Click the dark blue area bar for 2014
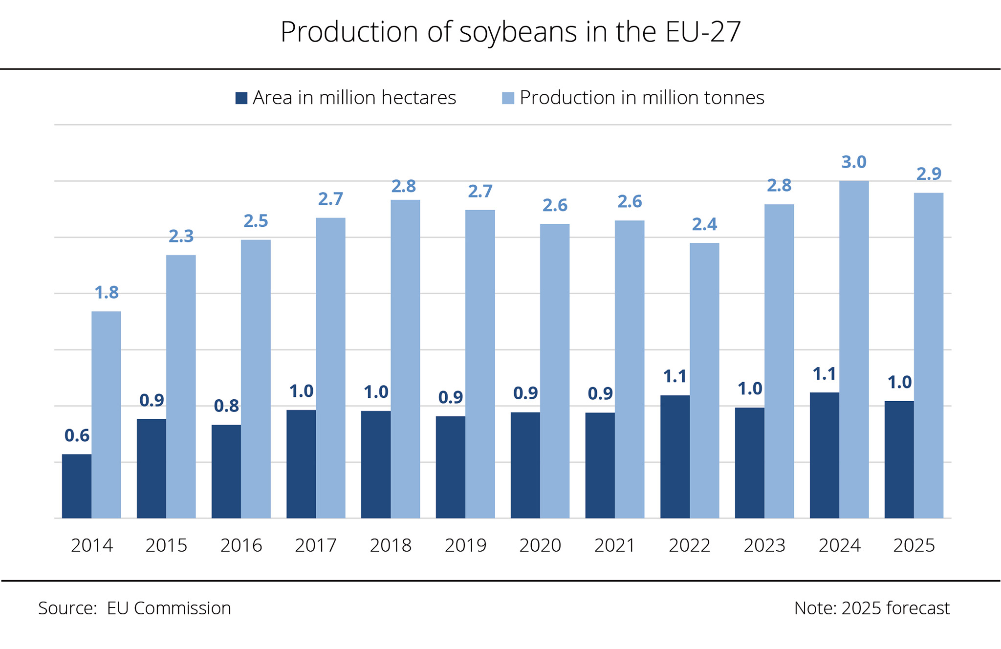click(x=77, y=486)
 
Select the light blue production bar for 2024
click(x=854, y=349)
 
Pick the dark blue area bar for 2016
click(x=226, y=472)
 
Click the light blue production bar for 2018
click(x=405, y=359)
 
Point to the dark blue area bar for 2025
click(x=899, y=459)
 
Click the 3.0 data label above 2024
click(x=853, y=162)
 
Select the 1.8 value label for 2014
click(x=107, y=293)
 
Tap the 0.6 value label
click(x=77, y=435)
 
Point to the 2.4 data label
click(x=704, y=224)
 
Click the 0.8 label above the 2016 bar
click(x=226, y=406)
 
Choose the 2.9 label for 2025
click(x=929, y=174)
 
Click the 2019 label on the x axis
click(x=465, y=545)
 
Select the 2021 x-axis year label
click(x=614, y=545)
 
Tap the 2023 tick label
click(x=764, y=545)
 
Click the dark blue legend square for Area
click(x=241, y=98)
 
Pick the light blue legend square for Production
click(x=508, y=98)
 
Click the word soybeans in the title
click(x=518, y=32)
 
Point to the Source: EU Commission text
click(x=134, y=608)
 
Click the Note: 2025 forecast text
click(x=871, y=608)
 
